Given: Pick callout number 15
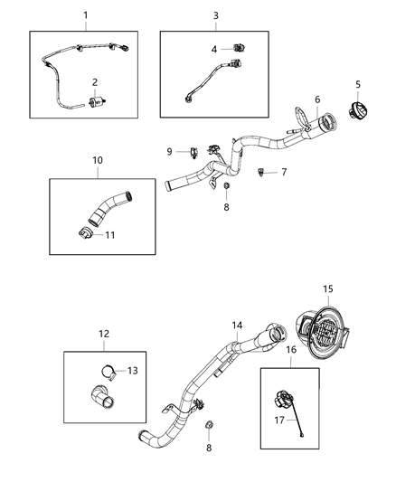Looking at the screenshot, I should (x=327, y=288).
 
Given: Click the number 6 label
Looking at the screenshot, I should (x=316, y=100).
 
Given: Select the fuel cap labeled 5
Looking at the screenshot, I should (x=354, y=118).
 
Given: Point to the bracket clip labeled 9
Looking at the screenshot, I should (x=194, y=151).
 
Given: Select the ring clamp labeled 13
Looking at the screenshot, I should (x=105, y=369).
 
